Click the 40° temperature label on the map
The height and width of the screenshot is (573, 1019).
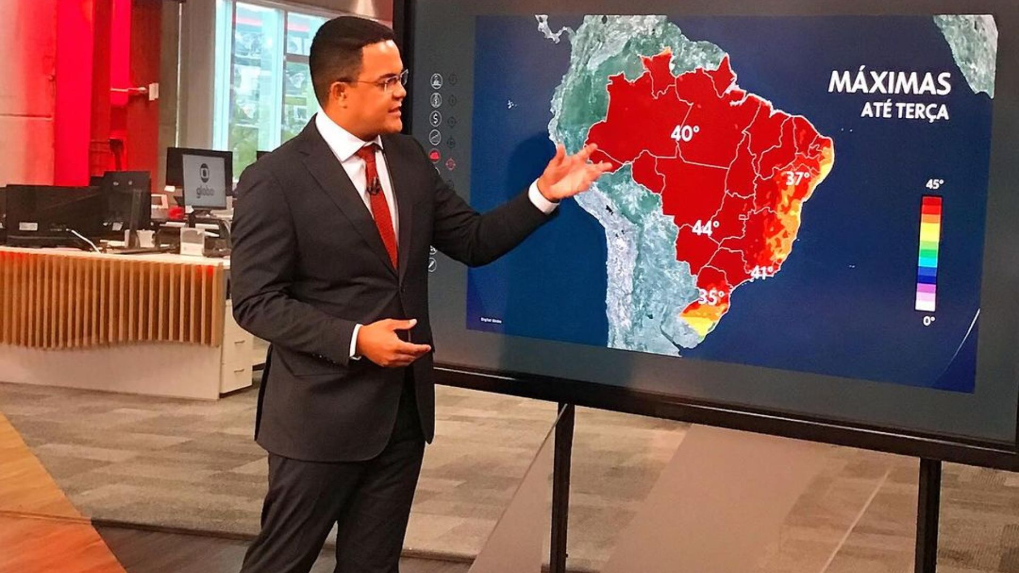[684, 133]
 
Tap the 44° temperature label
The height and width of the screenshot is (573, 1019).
[705, 228]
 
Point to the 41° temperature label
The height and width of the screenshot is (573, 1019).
[762, 273]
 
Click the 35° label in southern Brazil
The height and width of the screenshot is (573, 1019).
[711, 297]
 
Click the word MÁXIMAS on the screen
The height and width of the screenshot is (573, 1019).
[890, 83]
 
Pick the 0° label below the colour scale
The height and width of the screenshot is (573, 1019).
[928, 320]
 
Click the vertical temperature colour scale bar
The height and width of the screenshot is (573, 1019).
[928, 253]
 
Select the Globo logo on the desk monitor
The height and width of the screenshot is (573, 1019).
[204, 182]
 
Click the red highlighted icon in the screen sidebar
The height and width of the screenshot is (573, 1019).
[435, 155]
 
